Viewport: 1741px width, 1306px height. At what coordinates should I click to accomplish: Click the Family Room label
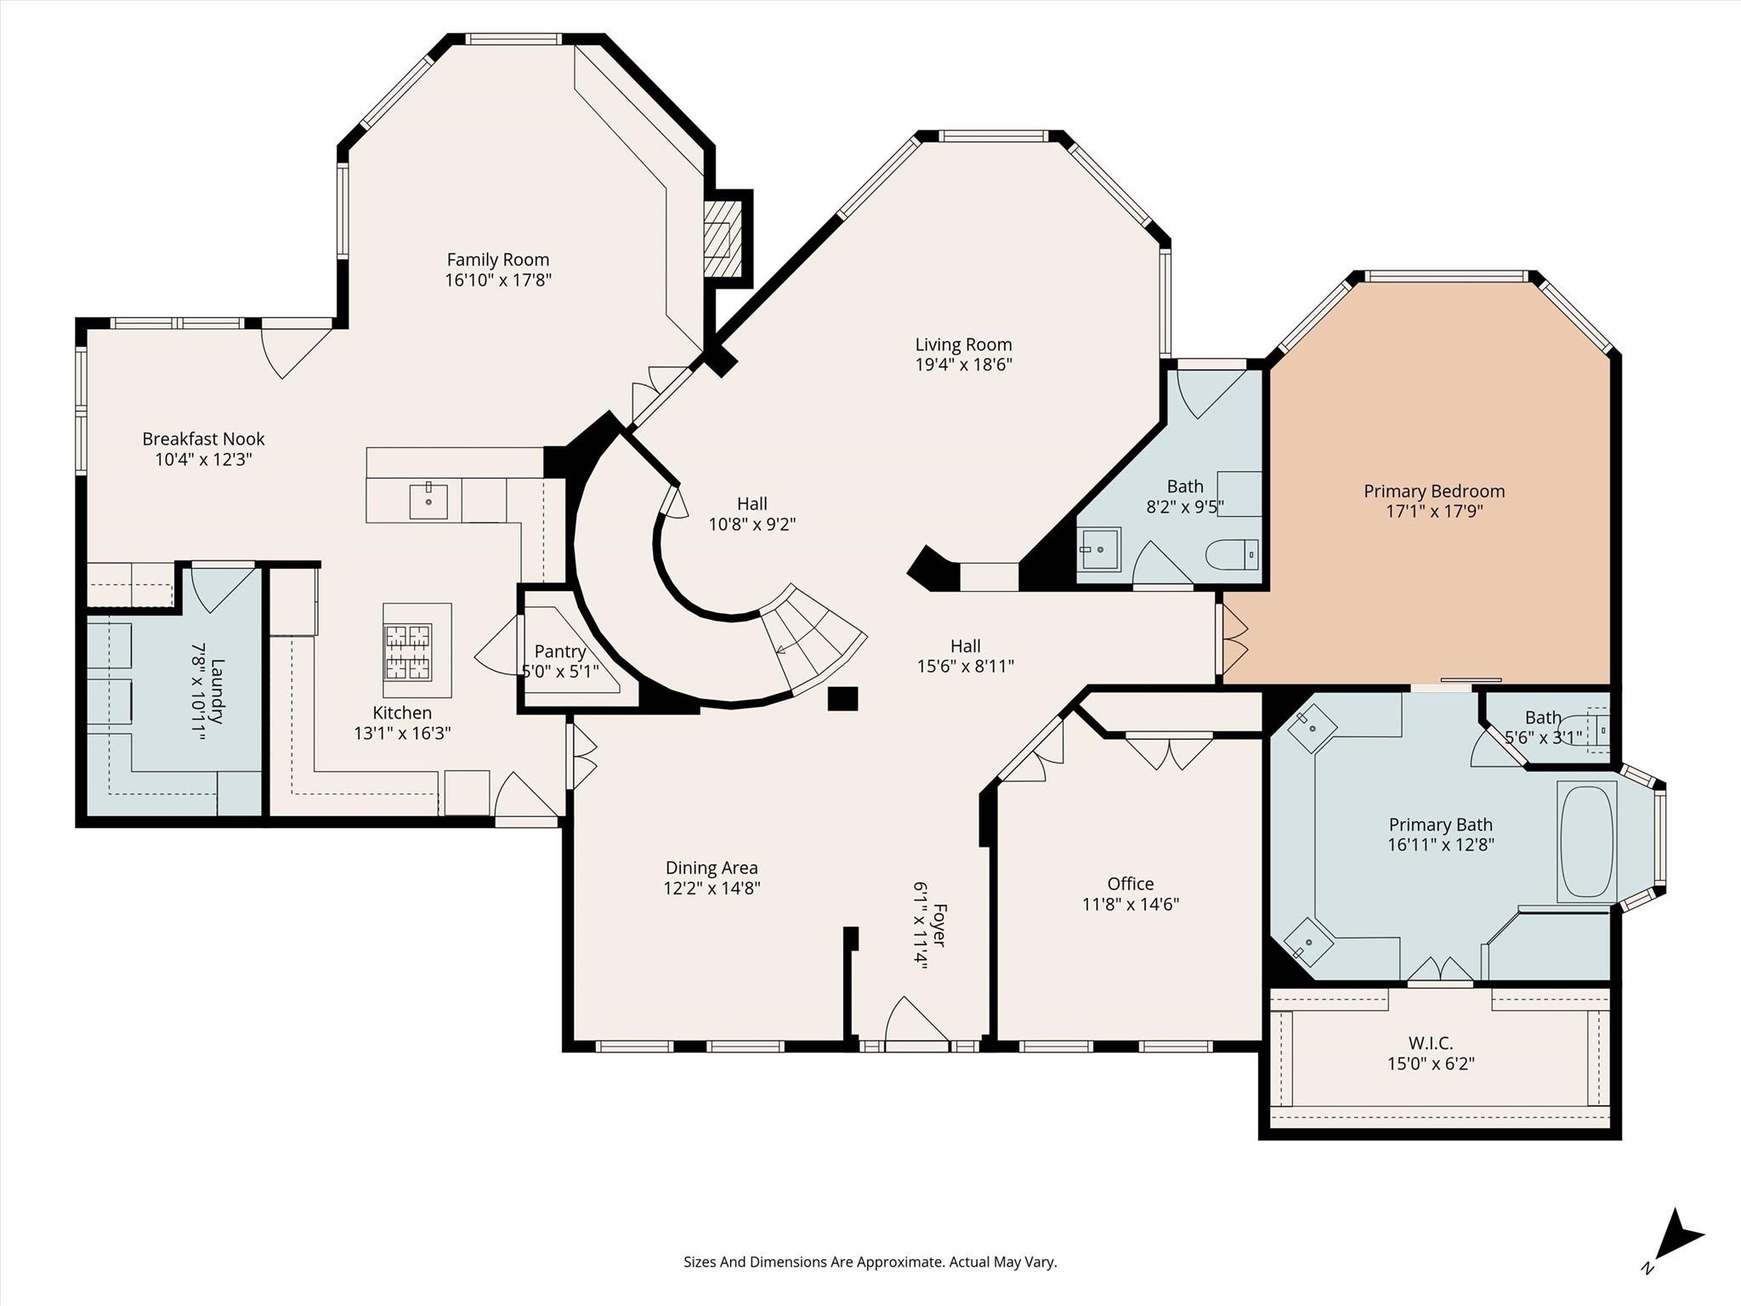click(498, 259)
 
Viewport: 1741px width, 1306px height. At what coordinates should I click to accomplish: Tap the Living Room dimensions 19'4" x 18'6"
click(963, 365)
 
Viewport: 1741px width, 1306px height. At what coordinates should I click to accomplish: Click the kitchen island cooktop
click(408, 652)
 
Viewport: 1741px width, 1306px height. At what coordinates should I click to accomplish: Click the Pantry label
click(559, 651)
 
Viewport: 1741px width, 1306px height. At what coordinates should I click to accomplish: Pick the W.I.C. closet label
click(1431, 1042)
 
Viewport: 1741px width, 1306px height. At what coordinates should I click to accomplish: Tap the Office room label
click(1131, 883)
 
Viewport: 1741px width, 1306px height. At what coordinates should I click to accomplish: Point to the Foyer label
click(938, 925)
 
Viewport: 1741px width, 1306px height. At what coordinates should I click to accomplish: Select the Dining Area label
click(712, 867)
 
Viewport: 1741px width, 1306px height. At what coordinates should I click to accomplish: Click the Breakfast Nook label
click(203, 439)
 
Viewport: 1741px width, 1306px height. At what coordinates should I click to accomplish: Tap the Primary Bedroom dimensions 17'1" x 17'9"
click(1434, 511)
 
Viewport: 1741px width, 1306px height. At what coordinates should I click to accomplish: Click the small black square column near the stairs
click(842, 698)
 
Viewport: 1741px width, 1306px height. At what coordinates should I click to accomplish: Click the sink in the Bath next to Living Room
click(1100, 549)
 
